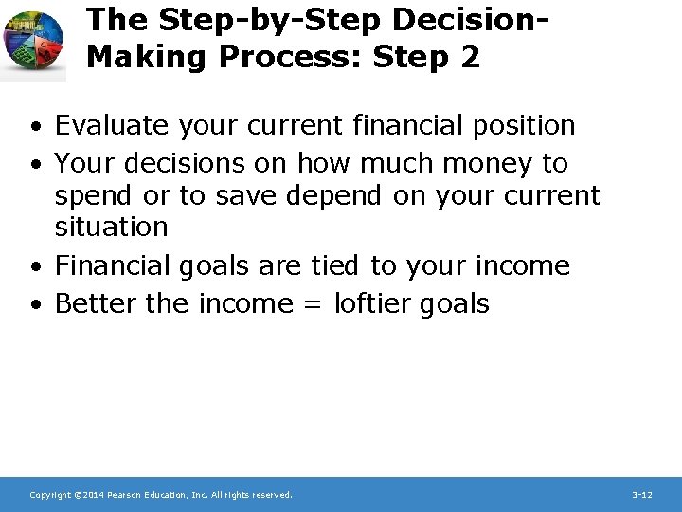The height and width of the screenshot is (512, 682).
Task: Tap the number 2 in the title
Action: click(x=470, y=57)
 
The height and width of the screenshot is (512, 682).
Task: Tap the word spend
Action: click(x=95, y=196)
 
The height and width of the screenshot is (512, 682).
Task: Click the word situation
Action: click(x=111, y=227)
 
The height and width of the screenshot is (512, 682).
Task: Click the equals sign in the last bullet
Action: click(x=315, y=304)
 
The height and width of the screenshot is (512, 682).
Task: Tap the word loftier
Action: click(x=380, y=303)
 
